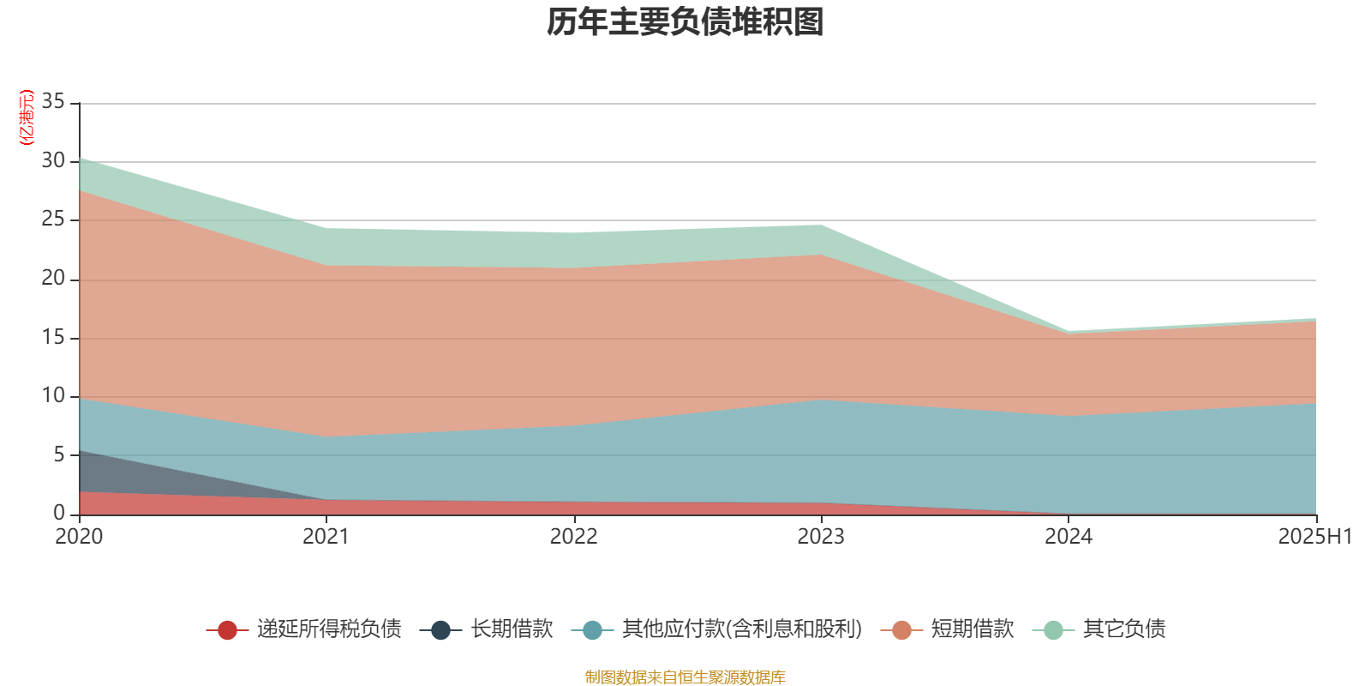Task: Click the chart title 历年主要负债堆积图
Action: pos(685,22)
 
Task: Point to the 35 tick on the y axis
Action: pos(53,102)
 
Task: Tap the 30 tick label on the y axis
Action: pos(53,161)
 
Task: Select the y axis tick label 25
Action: pos(53,220)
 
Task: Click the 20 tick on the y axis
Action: pos(53,279)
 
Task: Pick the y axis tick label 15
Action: pos(53,337)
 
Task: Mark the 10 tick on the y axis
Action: pos(53,396)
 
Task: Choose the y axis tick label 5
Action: pos(59,454)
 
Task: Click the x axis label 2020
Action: pos(79,537)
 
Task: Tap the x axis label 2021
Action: pos(326,537)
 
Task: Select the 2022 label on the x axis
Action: pos(573,537)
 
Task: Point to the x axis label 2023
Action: pos(821,537)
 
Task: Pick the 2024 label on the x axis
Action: pos(1069,537)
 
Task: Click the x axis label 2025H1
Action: pos(1314,537)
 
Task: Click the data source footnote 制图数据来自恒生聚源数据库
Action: pos(685,677)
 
